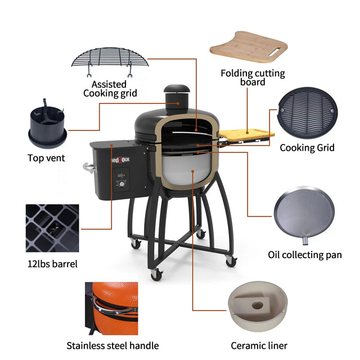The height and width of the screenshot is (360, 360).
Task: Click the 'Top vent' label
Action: pos(46,158)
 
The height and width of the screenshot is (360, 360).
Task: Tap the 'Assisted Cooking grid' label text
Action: pos(110,89)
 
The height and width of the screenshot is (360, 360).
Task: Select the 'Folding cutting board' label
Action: pos(253,78)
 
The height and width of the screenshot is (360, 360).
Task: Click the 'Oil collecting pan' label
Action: pos(304,255)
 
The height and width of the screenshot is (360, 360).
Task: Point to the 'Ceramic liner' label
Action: pos(259,345)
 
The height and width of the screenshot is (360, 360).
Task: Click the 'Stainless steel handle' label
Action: pos(112,345)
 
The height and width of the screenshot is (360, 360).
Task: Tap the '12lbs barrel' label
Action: pos(52,263)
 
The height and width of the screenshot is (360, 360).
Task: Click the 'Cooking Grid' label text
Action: pos(307,148)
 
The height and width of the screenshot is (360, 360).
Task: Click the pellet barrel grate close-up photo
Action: pos(52,228)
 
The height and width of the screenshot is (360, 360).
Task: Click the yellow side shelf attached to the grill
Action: pos(246,134)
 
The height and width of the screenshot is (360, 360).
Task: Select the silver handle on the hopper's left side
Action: pos(88,167)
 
